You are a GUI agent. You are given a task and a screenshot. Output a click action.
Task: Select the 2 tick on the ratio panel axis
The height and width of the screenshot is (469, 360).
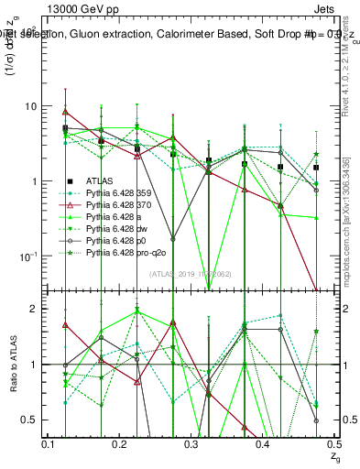point(34,309)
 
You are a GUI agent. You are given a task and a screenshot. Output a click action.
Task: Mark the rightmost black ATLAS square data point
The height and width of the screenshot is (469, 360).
point(316,168)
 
